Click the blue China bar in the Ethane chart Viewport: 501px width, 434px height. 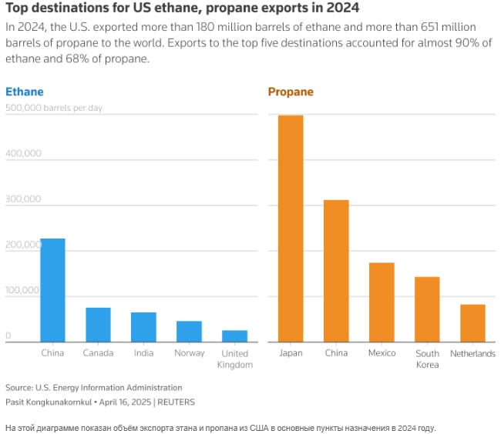click(52, 290)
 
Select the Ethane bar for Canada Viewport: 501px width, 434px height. click(98, 325)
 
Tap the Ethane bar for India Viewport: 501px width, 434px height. click(143, 327)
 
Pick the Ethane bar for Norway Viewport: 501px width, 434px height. click(189, 332)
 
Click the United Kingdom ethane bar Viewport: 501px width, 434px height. click(234, 336)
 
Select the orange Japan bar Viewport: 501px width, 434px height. click(291, 229)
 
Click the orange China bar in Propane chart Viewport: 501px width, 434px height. click(336, 271)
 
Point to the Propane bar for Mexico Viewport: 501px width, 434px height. click(382, 302)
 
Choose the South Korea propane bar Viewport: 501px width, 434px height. click(427, 309)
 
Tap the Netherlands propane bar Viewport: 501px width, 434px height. click(472, 323)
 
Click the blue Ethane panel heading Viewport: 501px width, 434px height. click(25, 92)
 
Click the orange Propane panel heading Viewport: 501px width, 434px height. click(291, 92)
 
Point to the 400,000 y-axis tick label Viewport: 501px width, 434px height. click(23, 154)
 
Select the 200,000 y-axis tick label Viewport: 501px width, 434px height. click(23, 245)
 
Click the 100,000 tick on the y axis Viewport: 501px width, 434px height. click(23, 291)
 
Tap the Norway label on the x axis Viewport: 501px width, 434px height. click(189, 353)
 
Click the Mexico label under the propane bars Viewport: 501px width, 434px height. click(382, 353)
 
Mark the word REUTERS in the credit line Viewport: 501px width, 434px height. click(177, 402)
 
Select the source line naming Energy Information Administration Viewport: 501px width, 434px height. click(94, 388)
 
